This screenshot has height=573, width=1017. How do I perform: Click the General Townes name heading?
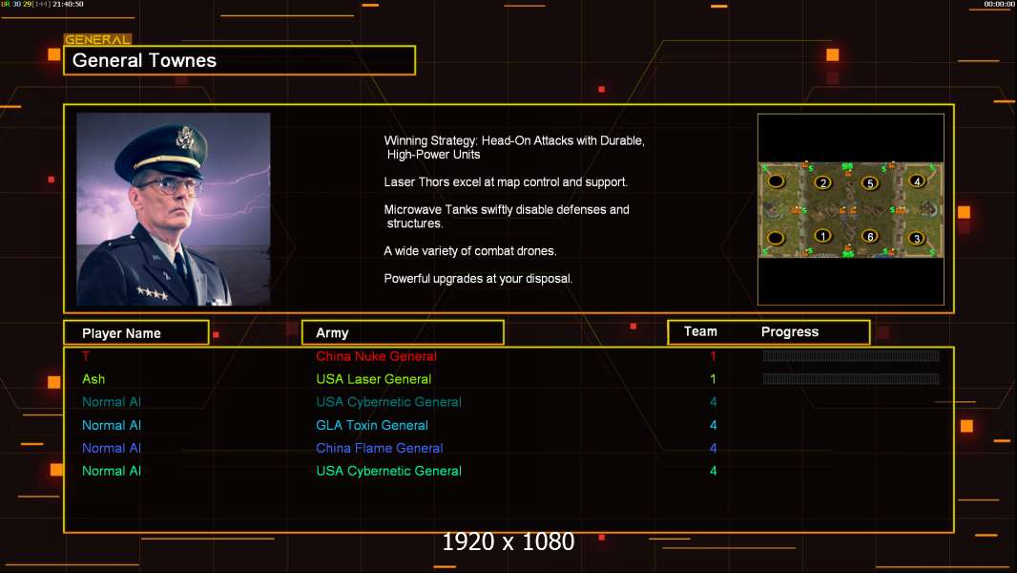coord(145,60)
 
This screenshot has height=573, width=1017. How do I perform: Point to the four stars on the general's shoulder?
coord(151,292)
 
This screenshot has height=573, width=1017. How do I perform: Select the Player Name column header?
coord(121,333)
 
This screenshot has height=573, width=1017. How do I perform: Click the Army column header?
coord(332,333)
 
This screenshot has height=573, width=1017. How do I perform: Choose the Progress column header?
coord(790,332)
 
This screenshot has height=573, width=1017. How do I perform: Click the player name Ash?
coord(93,379)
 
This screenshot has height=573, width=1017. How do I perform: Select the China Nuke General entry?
coord(376,356)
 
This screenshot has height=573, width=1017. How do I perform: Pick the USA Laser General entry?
coord(373,379)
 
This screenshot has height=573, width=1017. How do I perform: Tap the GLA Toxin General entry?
coord(372,425)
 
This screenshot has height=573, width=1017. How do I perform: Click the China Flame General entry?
coord(380,448)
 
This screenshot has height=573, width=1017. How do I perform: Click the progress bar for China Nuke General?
coord(851,356)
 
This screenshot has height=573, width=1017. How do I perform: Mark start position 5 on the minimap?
coord(869,183)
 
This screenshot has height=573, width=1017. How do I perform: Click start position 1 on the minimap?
coord(822,236)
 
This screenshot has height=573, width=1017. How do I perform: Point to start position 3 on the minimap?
coord(917,239)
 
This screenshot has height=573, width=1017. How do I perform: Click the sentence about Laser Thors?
coord(506,181)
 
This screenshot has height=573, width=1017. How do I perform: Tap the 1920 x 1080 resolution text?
coord(508,542)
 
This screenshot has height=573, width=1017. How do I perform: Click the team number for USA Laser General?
coord(713,379)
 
